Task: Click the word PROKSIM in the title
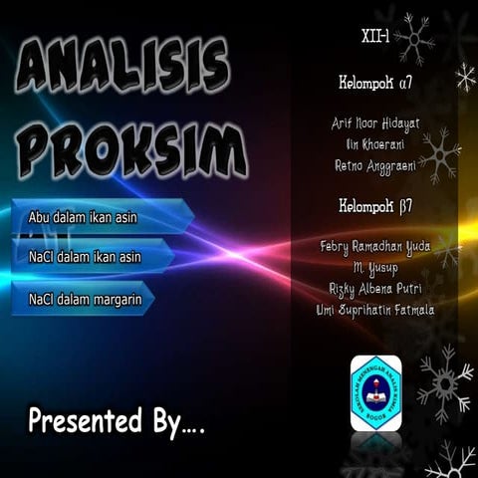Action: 124,149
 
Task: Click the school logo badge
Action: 377,391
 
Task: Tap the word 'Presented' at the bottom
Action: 85,420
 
